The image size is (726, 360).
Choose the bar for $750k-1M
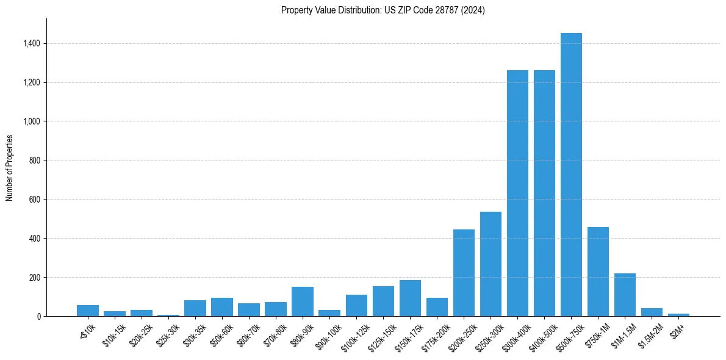598,272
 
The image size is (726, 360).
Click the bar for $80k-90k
303,301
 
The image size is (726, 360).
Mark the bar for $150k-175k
410,298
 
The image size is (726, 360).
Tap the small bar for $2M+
678,315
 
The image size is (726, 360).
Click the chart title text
383,10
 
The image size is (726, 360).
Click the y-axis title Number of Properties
10,168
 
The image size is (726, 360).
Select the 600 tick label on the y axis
34,200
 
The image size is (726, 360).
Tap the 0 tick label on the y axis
38,316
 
